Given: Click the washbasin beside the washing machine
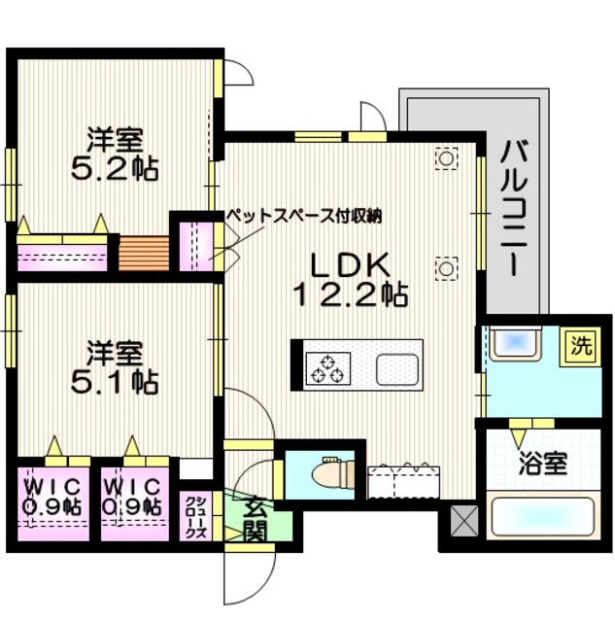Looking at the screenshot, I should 515,345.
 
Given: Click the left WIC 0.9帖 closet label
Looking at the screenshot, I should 53,496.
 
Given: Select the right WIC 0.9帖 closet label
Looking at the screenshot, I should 133,496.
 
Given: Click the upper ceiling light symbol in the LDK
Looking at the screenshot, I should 447,158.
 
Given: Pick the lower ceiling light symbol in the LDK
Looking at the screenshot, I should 447,267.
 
